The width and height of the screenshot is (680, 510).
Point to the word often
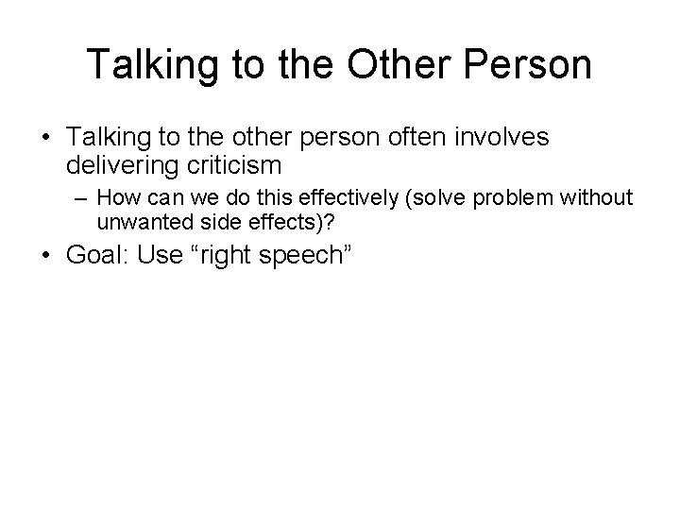tap(408, 139)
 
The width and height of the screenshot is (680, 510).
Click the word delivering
tap(119, 166)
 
